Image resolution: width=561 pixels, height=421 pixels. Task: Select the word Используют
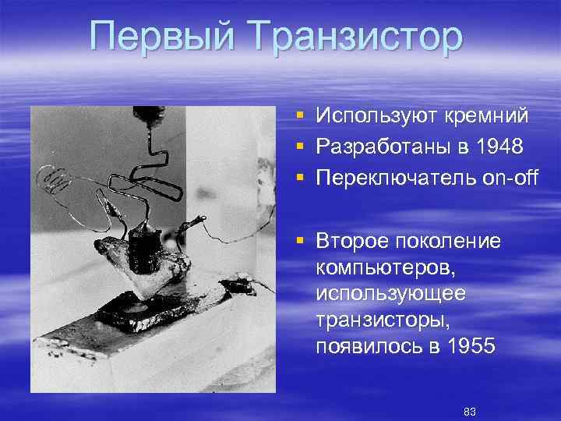tap(378, 116)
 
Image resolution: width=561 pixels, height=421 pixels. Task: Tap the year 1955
tap(466, 345)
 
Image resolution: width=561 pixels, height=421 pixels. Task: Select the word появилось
tap(368, 345)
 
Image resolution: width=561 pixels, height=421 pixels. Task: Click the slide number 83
tap(469, 411)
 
